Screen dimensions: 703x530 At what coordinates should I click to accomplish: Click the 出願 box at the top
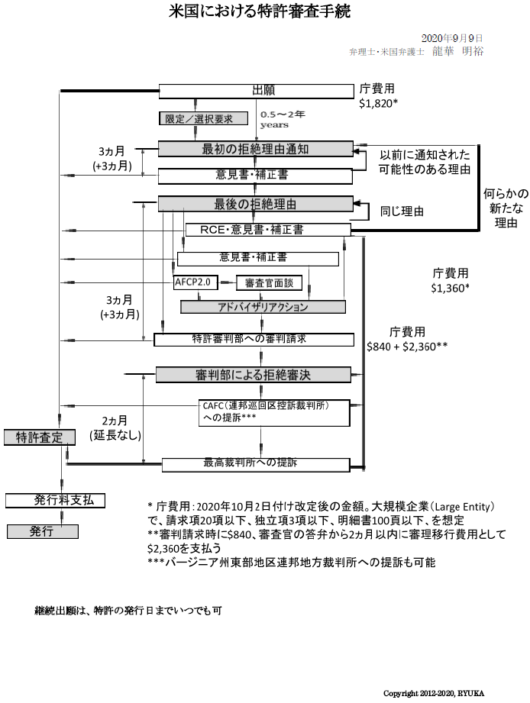coord(257,91)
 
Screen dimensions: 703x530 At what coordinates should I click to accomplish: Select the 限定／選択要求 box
coord(204,118)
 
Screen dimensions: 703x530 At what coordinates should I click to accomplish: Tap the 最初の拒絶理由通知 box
coord(255,148)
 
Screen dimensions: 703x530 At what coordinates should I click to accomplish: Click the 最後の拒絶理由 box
coord(255,204)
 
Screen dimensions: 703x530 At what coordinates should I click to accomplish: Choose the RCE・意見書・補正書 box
coord(267,229)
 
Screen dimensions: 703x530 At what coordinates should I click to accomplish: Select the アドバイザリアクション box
coord(263,307)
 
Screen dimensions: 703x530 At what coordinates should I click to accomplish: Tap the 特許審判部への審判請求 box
coord(254,339)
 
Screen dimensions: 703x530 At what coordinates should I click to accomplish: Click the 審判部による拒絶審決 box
coord(253,374)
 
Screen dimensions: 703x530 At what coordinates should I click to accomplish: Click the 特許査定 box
coord(40,437)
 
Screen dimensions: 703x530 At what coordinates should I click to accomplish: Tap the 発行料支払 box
coord(55,500)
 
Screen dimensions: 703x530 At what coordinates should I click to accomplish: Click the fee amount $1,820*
coord(379,103)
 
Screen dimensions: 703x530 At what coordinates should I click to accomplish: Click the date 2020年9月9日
coord(452,37)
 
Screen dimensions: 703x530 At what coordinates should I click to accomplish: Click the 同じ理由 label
coord(402,211)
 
